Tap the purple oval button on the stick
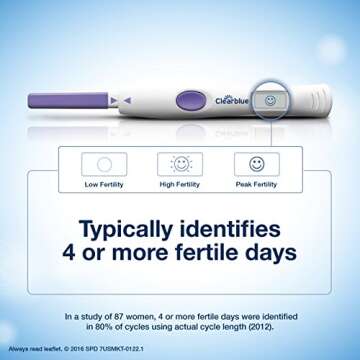tap(188, 99)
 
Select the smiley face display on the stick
tap(270, 101)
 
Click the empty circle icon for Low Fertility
tap(103, 164)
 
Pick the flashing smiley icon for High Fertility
tap(180, 164)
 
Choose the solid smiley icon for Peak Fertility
tap(257, 164)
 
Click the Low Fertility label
tap(103, 185)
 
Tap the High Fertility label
tap(180, 185)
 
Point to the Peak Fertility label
tap(257, 185)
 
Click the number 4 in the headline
tap(71, 253)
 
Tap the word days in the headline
tap(270, 253)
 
